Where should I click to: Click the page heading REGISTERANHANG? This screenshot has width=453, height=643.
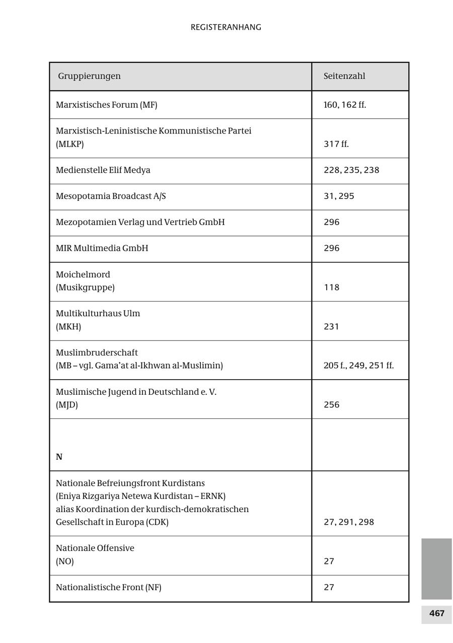[225, 27]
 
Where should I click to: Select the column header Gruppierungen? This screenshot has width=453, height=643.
[89, 76]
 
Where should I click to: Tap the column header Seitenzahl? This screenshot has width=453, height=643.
[344, 76]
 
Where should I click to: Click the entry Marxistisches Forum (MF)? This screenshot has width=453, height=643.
[106, 105]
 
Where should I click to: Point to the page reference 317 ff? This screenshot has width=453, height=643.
[336, 144]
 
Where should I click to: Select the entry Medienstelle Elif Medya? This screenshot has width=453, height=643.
[103, 170]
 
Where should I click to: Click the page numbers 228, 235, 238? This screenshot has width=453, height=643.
[351, 170]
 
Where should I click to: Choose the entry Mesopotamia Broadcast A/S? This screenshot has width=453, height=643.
[111, 196]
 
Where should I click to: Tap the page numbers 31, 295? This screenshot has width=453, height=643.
[339, 196]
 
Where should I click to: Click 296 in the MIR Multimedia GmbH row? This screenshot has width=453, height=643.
[331, 248]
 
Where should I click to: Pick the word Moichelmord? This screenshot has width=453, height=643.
[83, 274]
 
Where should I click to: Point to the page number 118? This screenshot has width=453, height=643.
[331, 288]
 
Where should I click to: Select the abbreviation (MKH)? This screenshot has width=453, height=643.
[68, 327]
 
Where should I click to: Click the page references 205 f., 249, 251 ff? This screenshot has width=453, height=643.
[358, 366]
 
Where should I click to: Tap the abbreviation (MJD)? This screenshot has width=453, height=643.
[66, 405]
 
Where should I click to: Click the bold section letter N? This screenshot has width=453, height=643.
[59, 457]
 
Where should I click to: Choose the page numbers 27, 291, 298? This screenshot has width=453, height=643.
[348, 522]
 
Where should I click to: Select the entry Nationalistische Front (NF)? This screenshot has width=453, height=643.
[108, 588]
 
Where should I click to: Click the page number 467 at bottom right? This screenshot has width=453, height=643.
[436, 613]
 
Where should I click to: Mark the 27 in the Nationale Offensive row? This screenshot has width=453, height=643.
[329, 561]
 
